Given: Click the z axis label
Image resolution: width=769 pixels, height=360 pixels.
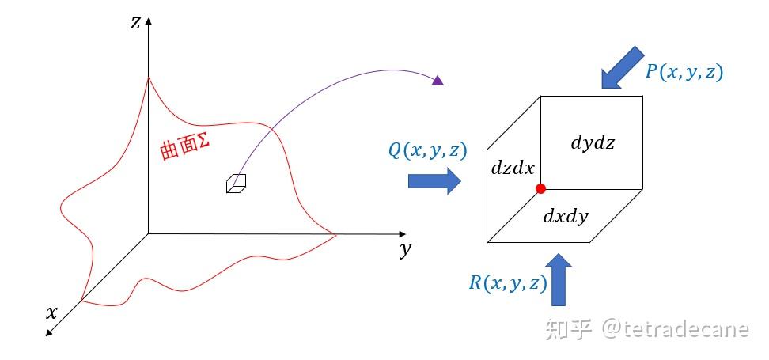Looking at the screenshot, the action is tap(135, 22).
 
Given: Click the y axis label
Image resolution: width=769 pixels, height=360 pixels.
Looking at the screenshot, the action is tap(405, 250).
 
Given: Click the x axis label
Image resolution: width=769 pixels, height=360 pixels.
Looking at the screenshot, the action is tap(52, 313).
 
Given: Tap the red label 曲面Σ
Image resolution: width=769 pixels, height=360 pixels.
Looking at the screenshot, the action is tap(184, 148).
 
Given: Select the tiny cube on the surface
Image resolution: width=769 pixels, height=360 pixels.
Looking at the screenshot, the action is tap(236, 183).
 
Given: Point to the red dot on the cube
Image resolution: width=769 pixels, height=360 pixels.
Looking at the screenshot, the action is tap(540, 188).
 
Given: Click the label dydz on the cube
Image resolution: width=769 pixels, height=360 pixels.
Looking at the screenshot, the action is tap(592, 143).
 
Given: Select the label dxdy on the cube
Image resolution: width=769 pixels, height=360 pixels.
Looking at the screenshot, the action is tap(566, 214).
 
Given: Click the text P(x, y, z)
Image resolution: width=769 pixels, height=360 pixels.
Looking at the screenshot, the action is tap(684, 72).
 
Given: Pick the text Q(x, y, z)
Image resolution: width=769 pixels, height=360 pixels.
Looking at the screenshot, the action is tap(426, 150).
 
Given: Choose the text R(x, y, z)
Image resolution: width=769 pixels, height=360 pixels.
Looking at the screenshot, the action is tap(507, 282).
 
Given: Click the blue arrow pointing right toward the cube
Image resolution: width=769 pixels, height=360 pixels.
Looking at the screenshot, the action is tap(434, 181).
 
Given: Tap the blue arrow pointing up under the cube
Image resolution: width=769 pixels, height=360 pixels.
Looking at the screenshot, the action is tap(559, 279).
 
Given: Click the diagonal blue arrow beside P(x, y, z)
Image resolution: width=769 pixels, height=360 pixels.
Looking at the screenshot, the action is tap(622, 67).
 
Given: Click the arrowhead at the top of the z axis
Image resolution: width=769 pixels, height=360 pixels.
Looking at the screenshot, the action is tap(148, 18).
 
